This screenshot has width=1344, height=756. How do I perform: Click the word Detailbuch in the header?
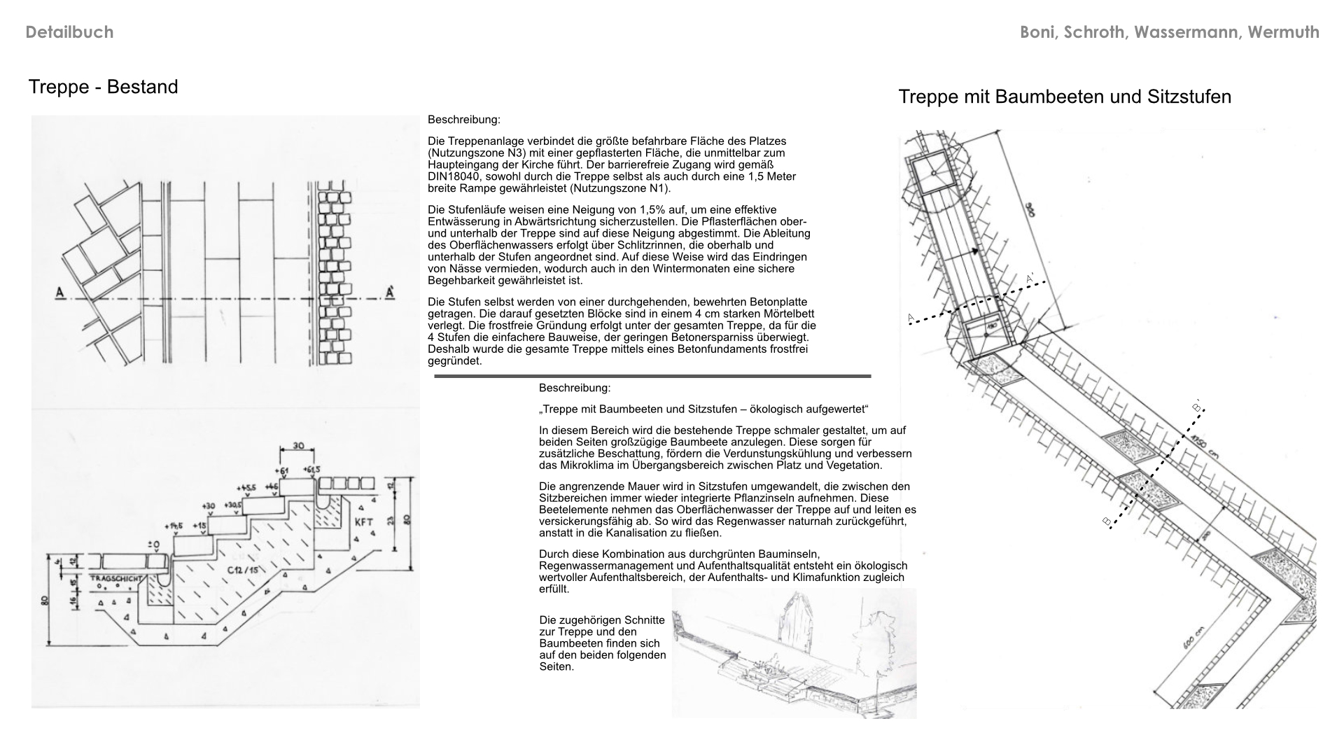point(69,32)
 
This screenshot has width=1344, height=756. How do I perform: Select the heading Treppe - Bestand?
point(103,87)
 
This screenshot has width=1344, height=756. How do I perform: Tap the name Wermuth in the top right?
point(1283,32)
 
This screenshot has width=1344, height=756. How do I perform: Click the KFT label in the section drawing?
point(364,522)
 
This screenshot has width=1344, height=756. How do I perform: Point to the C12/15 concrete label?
point(242,570)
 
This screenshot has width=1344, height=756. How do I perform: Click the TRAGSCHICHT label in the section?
point(116,579)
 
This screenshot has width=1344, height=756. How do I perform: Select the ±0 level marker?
point(153,545)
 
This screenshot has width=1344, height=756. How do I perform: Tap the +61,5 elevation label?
point(311,470)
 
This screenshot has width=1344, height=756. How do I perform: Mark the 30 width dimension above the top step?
point(298,446)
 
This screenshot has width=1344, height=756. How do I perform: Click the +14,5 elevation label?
point(174,526)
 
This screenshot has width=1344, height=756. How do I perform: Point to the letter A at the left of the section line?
point(60,292)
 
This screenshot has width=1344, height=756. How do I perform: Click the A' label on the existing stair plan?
point(389,292)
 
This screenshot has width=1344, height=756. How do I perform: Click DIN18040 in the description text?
point(457,176)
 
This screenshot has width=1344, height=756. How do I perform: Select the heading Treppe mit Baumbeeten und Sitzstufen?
point(1064,97)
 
